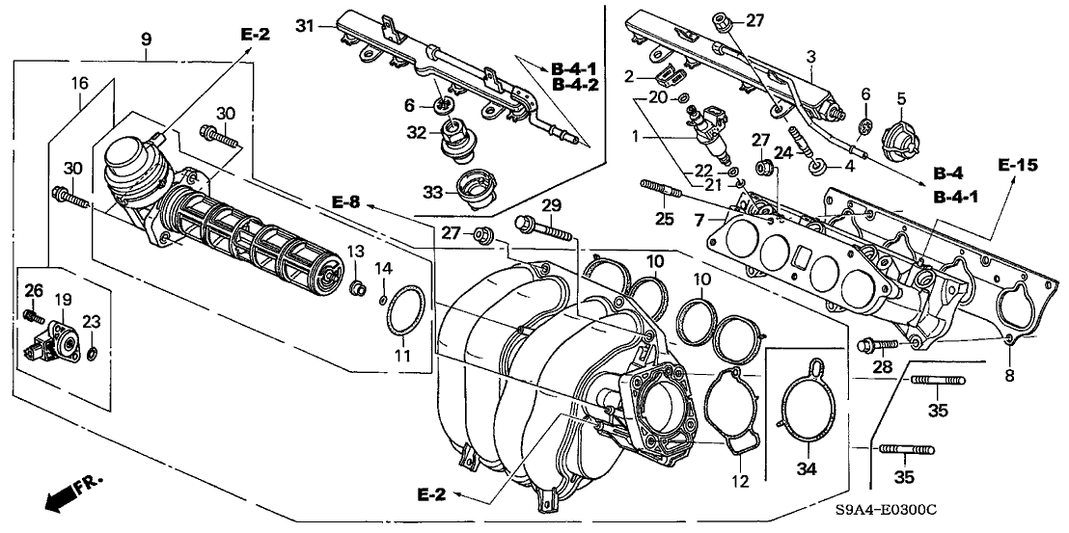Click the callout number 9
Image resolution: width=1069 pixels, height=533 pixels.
click(147, 40)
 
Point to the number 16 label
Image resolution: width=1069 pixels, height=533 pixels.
click(79, 85)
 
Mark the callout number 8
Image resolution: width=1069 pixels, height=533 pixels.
click(1009, 377)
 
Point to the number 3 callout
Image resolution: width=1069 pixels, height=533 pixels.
click(811, 56)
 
